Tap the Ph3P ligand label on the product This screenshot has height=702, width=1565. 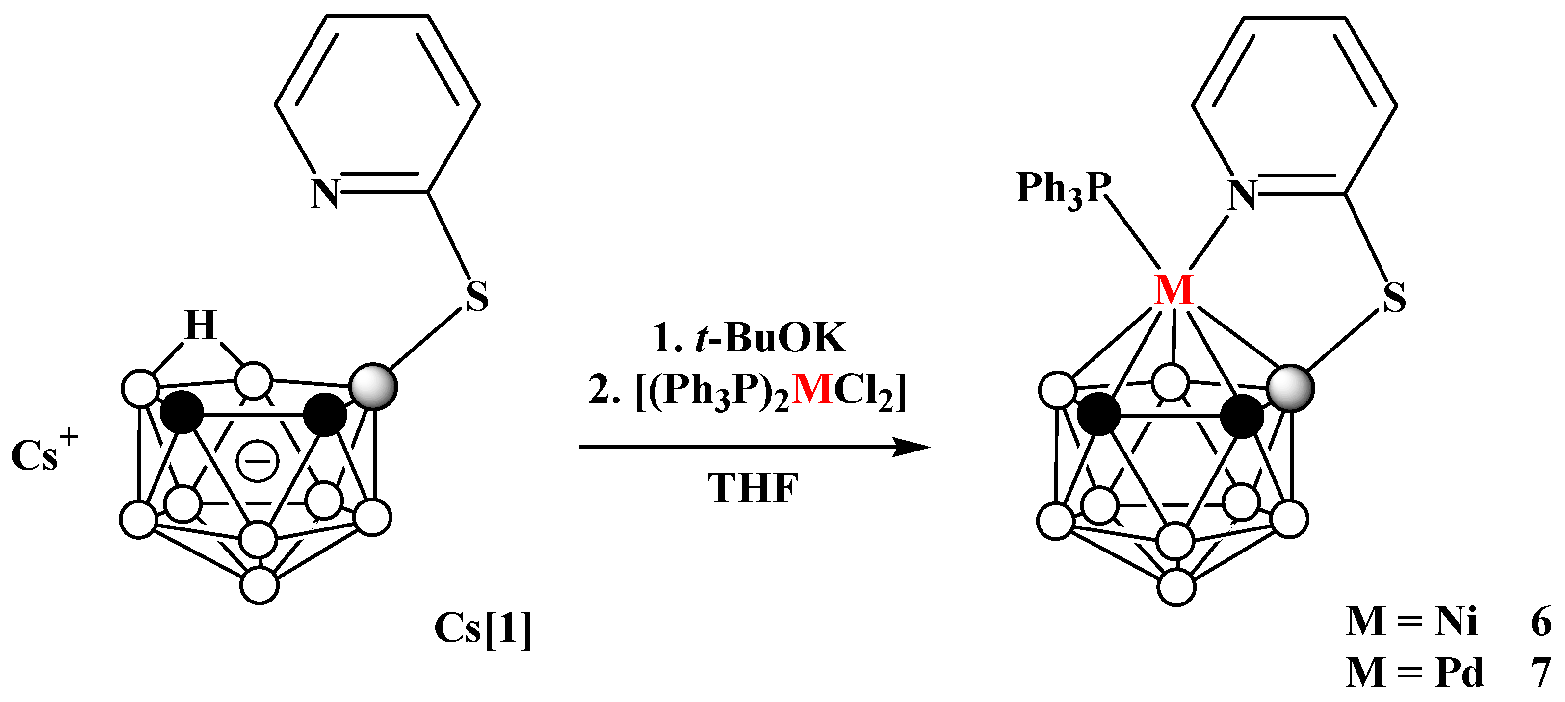[x=1063, y=188]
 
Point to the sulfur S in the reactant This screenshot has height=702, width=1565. [x=477, y=297]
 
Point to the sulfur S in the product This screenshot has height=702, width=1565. [x=1394, y=298]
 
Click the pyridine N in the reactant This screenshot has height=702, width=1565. [x=324, y=194]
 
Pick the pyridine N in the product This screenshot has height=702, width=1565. [x=1242, y=196]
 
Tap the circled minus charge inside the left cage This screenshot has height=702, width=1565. [x=257, y=461]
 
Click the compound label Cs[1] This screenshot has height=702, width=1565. [x=483, y=628]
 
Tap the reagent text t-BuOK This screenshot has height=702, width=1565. [x=770, y=338]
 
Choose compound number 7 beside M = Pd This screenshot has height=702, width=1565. [x=1541, y=673]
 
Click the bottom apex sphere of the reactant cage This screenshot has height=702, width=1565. [x=260, y=585]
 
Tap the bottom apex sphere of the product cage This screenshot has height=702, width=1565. [x=1177, y=587]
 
